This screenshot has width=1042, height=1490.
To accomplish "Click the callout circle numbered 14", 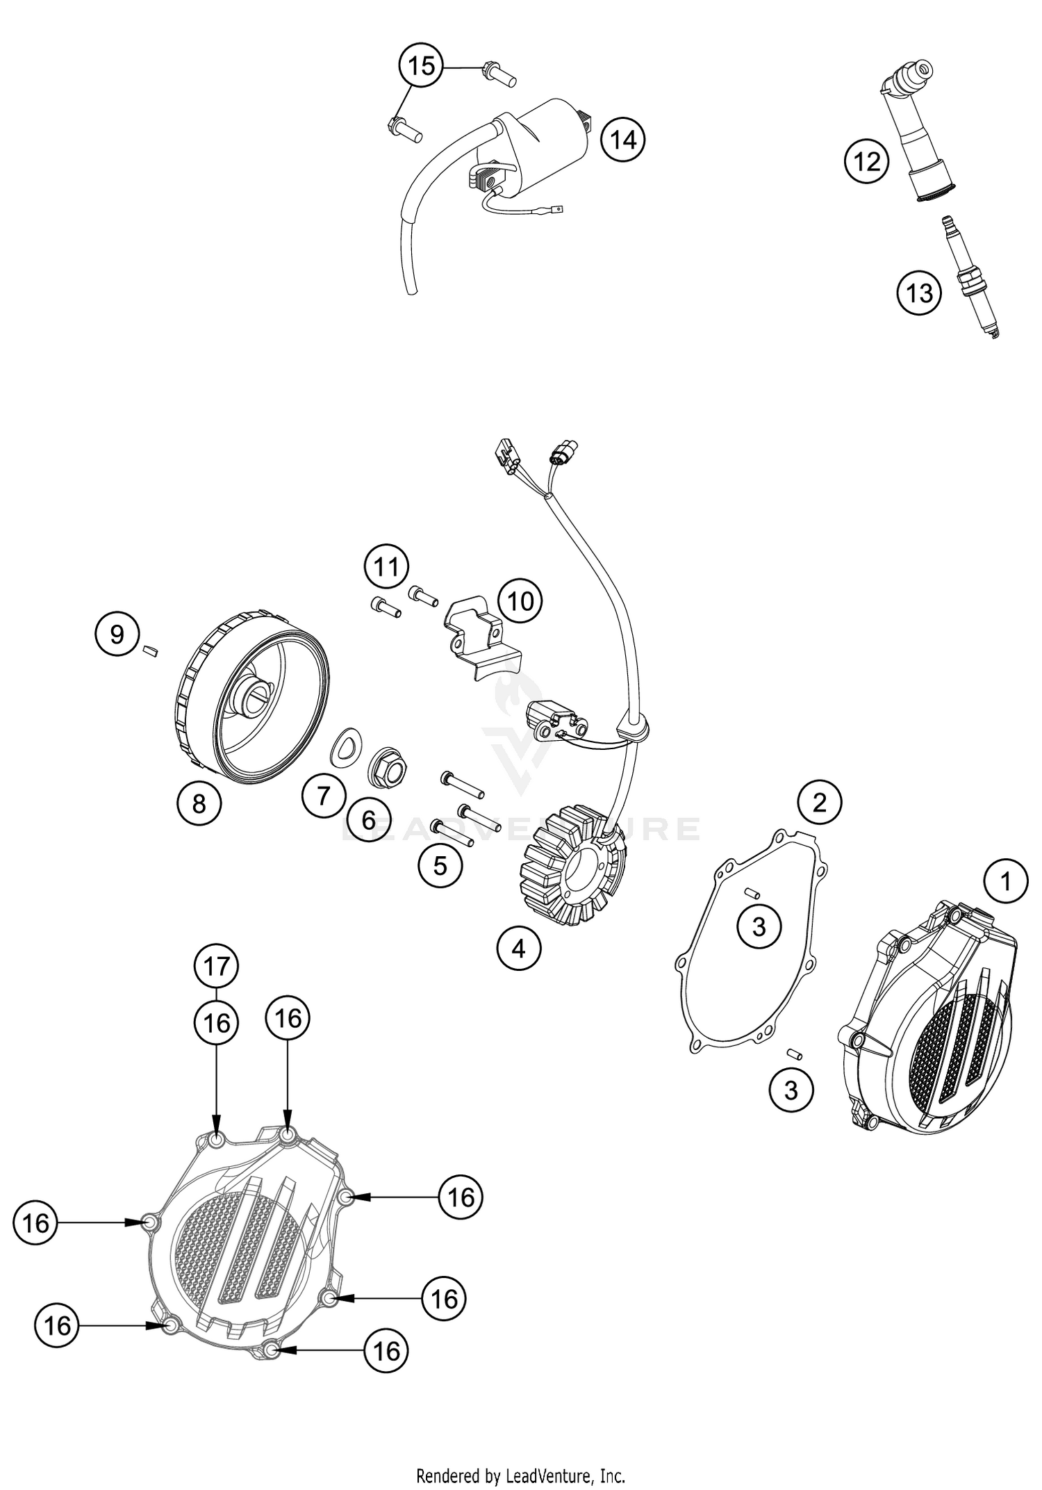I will click(x=622, y=140).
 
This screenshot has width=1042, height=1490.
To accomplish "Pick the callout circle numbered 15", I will click(x=421, y=66).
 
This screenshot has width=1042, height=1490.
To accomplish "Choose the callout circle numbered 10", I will click(x=521, y=600).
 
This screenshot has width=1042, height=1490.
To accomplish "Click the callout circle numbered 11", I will click(x=386, y=567).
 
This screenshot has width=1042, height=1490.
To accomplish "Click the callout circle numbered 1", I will click(x=1004, y=882).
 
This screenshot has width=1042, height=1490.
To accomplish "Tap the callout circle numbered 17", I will click(x=217, y=966).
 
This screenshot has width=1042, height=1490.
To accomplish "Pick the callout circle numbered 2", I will click(x=819, y=803).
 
